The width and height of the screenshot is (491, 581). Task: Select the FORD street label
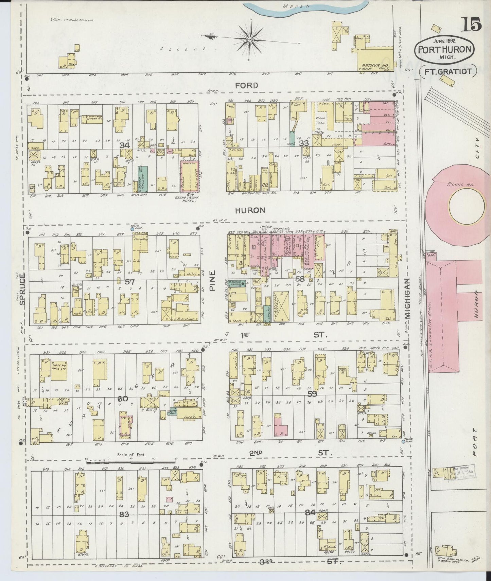pos(247,85)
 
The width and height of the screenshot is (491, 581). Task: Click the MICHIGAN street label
pos(408,298)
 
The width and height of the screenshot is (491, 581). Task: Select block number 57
pos(130,282)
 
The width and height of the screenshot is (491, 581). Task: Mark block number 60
pos(123,399)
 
